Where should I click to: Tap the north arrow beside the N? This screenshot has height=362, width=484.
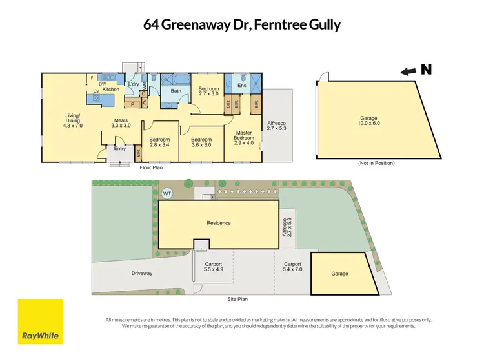408,71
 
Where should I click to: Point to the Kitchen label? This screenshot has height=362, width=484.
111,90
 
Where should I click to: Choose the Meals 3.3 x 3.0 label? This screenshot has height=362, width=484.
121,123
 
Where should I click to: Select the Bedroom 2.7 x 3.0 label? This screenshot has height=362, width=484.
208,91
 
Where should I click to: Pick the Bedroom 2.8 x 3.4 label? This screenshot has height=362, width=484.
159,142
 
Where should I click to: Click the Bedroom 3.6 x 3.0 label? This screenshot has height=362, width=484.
201,142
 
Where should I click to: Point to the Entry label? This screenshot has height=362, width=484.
120,149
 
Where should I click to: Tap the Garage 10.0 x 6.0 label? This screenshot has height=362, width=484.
368,122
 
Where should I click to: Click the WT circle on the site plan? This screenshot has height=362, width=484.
167,192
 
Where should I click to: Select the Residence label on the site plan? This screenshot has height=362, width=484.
218,223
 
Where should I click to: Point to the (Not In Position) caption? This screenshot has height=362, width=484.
376,163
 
